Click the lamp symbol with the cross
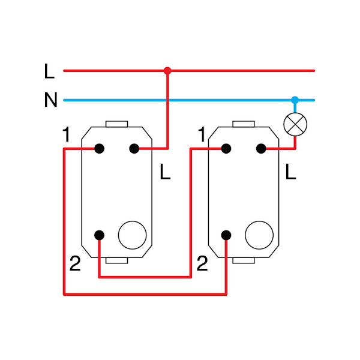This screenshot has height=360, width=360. point(295,124)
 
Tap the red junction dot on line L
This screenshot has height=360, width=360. point(167,71)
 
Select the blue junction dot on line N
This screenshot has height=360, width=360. point(294,100)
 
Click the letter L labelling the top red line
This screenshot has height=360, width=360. point(49,72)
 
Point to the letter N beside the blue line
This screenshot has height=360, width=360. point(50,100)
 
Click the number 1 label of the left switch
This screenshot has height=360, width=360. point(66,136)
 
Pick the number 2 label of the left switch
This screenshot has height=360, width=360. point(74,263)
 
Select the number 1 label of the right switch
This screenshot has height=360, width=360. point(202,136)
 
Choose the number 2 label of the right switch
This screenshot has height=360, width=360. point(202,263)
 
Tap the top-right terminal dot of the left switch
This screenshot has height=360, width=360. point(134,148)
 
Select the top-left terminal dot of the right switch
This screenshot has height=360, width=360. point(226,148)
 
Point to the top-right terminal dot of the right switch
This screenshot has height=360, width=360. point(261,148)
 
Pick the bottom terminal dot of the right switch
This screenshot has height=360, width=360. point(226,235)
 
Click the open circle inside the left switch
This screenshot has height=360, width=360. point(133,235)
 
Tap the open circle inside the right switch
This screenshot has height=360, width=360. point(259,235)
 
